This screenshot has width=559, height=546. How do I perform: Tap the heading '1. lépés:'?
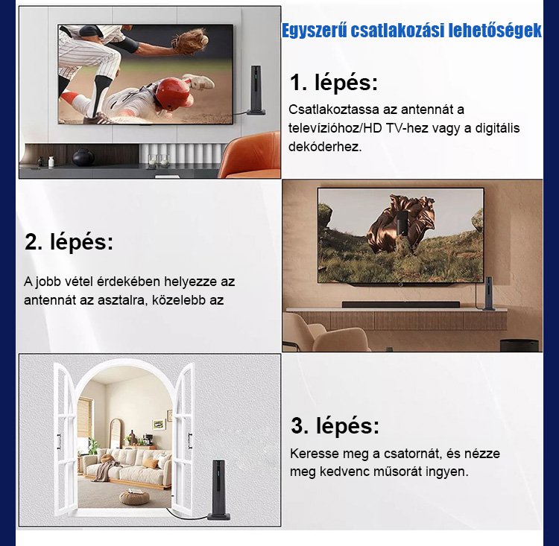click(333, 83)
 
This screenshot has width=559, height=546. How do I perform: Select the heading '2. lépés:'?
click(69, 242)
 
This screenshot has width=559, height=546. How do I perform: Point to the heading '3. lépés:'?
click(335, 425)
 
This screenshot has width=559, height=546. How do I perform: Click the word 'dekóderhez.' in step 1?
click(325, 147)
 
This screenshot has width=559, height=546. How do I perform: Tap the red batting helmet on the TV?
click(173, 92)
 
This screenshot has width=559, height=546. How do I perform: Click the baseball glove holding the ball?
click(190, 42)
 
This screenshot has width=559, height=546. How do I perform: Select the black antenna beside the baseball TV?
click(256, 90)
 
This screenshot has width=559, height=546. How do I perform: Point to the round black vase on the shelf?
click(83, 157)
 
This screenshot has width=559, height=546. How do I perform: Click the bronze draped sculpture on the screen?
click(401, 223)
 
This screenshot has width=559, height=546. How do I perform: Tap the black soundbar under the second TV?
click(401, 305)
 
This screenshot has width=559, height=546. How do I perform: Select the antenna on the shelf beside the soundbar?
click(488, 293)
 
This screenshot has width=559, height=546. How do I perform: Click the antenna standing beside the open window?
click(218, 489)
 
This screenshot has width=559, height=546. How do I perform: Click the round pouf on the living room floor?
click(134, 497)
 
